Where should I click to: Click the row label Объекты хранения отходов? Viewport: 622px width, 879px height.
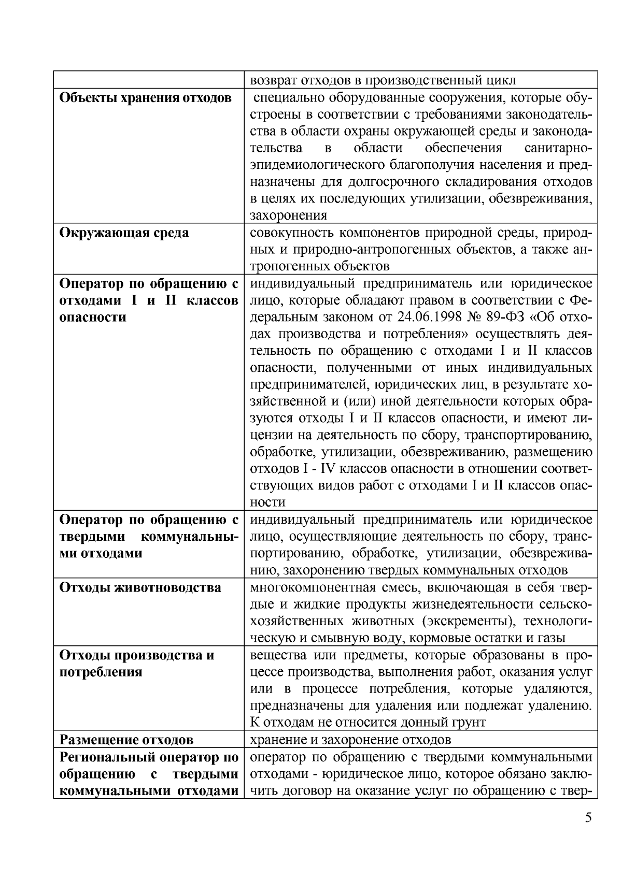145,97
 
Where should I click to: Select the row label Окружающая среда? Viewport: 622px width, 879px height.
124,233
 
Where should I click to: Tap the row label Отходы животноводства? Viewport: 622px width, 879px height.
140,587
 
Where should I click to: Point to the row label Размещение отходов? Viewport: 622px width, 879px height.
127,739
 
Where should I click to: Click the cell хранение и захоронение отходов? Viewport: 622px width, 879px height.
350,739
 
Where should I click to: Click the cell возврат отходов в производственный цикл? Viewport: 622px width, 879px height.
383,80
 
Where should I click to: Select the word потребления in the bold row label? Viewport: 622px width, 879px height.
93,672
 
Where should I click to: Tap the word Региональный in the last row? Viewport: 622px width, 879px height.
107,757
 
